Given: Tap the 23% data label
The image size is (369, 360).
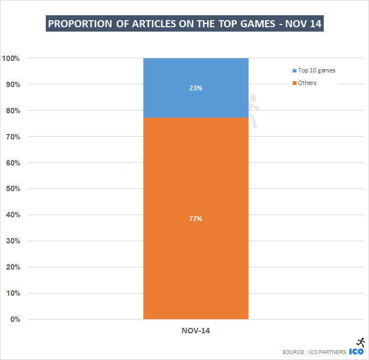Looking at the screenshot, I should pos(196,88).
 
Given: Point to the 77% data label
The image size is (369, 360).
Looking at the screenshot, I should pos(196,218).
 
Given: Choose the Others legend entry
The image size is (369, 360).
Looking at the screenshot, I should pos(307,83).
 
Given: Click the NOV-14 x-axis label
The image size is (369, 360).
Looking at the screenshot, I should pos(196,330).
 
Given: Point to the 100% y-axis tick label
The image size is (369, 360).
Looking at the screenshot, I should pos(11,58).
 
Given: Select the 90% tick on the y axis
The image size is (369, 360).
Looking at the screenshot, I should pos(13,84).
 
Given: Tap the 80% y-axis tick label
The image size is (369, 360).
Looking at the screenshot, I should pos(13,111).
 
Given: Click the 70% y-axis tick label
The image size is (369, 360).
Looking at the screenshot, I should pos(13,137).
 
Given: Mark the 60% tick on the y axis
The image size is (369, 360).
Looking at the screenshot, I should pos(13,163).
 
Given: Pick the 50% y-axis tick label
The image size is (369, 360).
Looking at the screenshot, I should pos(13,189).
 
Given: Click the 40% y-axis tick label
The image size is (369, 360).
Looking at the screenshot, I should pos(13,215).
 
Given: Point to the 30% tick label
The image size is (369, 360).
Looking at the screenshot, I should pos(13,241).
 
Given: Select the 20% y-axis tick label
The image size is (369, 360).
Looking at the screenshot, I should pos(13,267).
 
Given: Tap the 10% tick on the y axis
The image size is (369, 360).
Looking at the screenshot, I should pos(13,294).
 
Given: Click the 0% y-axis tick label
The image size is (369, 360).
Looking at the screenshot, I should pos(15,320).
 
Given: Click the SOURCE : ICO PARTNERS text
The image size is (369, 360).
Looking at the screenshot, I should pos(314,352).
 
